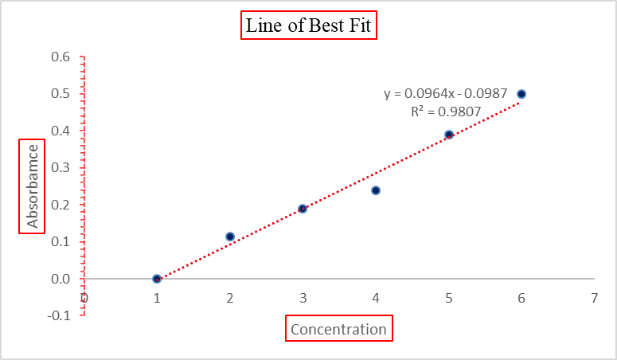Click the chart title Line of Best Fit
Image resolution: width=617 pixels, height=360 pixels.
click(x=308, y=25)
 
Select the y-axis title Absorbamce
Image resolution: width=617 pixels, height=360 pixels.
click(x=33, y=186)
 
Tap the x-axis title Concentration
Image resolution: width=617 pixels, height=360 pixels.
click(x=338, y=329)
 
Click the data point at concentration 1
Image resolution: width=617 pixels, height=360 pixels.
click(x=157, y=279)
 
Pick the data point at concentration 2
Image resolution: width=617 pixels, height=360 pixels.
click(x=230, y=237)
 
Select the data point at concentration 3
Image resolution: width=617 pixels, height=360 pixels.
click(x=303, y=209)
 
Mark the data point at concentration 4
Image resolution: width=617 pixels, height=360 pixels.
click(x=376, y=190)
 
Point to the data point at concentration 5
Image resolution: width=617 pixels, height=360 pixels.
click(x=449, y=135)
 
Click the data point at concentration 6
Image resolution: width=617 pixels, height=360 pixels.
click(x=521, y=94)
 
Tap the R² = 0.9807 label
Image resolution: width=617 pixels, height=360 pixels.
click(x=446, y=112)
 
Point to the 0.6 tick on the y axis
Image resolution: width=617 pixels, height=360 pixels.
click(x=61, y=57)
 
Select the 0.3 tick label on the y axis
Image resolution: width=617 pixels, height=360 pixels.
click(x=61, y=168)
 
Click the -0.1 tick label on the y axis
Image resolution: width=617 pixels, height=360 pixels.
click(x=60, y=315)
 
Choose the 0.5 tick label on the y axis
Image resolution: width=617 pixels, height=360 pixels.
click(x=61, y=94)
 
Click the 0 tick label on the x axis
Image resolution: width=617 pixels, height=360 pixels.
click(x=84, y=298)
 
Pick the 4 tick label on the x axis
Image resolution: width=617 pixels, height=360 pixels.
click(x=376, y=298)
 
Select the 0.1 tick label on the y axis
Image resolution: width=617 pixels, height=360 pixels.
click(x=61, y=241)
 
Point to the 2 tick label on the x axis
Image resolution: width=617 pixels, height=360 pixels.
click(x=230, y=298)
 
